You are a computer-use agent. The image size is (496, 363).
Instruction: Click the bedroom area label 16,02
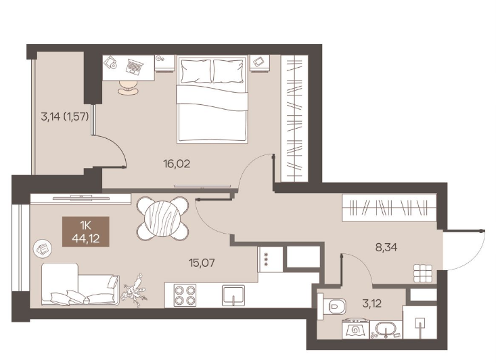pos(177,164)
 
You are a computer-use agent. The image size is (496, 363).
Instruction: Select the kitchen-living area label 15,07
pos(202,262)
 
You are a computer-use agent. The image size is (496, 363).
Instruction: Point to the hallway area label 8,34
pos(386,247)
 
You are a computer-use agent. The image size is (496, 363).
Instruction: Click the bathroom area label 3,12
pos(371,303)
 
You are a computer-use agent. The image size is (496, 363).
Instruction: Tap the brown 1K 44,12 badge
pos(86,232)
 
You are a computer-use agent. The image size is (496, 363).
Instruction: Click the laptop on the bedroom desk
pos(135,66)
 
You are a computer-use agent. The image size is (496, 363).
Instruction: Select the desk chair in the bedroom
pos(128,87)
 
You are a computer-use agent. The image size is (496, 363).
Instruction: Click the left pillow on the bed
pos(196,71)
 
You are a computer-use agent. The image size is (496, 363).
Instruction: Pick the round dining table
pos(162,218)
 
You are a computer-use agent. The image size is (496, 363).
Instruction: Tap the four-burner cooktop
pos(185,295)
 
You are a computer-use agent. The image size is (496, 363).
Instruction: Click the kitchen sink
pos(233,295)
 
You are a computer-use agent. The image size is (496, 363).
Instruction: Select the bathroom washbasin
pos(386,329)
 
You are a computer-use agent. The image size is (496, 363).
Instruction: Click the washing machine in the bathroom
pos(355,329)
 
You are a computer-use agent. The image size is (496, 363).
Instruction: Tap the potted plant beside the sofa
pos(136,291)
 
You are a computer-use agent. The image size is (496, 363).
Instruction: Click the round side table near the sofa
pos(43,249)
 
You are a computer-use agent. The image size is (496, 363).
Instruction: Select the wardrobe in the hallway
pos(389,208)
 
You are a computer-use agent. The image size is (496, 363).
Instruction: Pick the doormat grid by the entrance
pos(423,273)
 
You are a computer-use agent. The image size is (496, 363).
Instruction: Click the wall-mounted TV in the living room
pos(81,198)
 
